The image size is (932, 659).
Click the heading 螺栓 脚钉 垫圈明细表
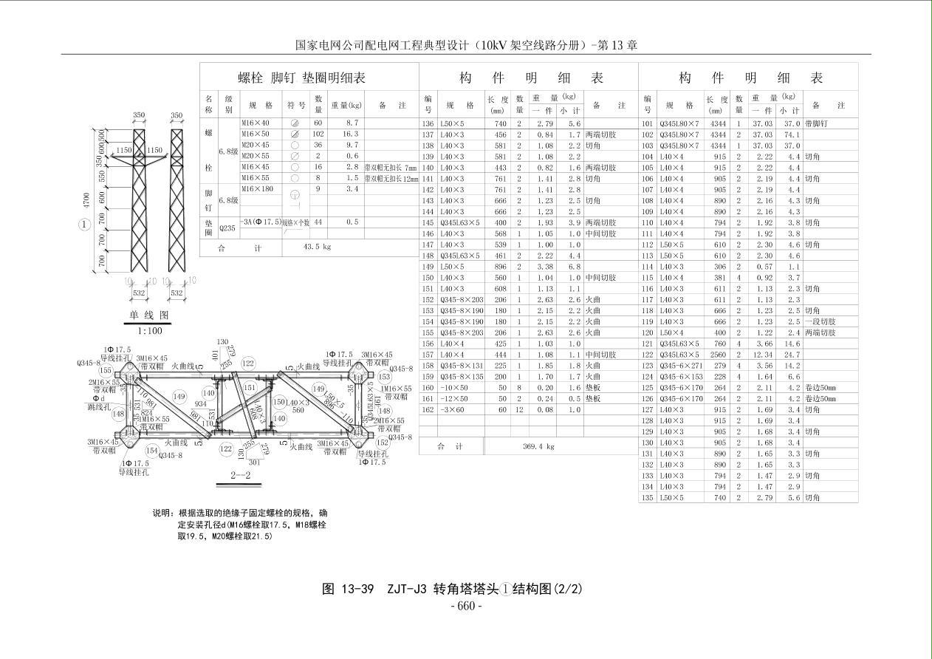(302, 78)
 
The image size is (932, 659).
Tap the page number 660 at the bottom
(466, 607)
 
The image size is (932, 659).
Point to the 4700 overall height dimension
(87, 200)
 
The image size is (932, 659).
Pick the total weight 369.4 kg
(538, 446)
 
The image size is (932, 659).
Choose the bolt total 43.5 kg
(318, 248)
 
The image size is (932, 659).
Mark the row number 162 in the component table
(428, 409)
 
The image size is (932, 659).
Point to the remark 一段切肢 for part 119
(820, 322)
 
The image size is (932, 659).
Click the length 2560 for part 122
(717, 355)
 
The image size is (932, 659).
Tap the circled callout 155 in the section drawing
(106, 371)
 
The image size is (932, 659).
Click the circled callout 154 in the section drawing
(152, 451)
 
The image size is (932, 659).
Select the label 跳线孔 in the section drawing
(100, 406)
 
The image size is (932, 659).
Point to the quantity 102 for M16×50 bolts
(318, 134)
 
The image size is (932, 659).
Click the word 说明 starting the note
(162, 513)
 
